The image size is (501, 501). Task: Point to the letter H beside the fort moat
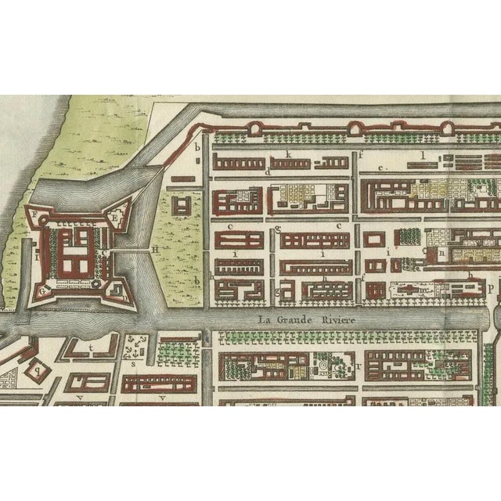click(x=155, y=250)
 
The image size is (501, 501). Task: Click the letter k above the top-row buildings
click(x=289, y=155)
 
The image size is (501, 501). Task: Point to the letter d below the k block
click(x=269, y=171)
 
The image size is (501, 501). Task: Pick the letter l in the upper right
click(x=422, y=155)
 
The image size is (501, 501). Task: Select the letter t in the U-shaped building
click(x=92, y=346)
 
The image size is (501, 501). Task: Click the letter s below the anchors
click(x=133, y=363)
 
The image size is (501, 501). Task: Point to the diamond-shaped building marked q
click(x=38, y=369)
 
